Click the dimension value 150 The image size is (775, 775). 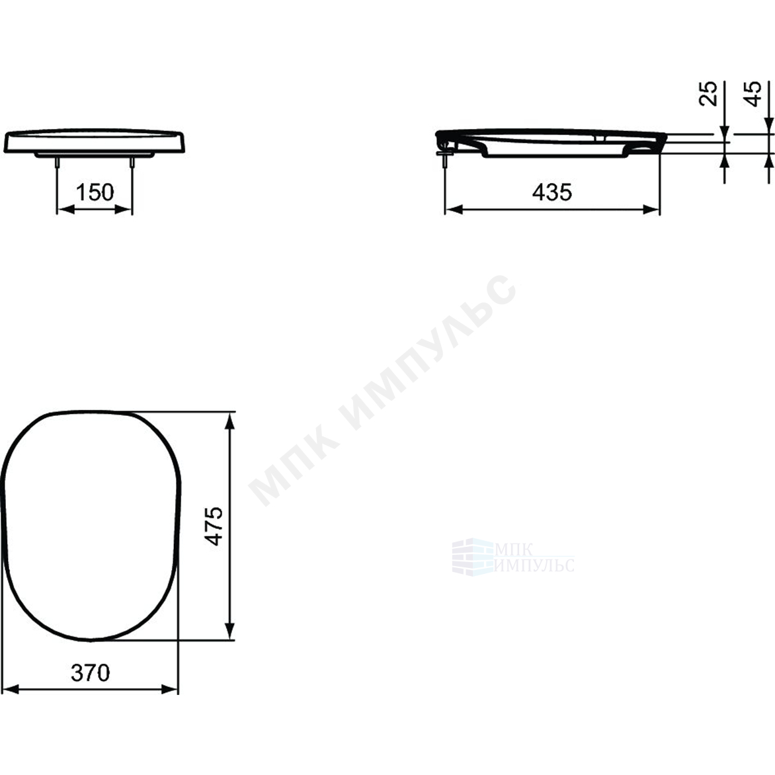coord(95,192)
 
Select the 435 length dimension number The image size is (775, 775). coord(552,192)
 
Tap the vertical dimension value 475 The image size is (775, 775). coord(214,526)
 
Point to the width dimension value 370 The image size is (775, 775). coord(91,673)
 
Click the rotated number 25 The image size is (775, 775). coord(708,93)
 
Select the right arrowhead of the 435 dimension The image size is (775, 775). coord(651,210)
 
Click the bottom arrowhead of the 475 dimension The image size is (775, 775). coord(229,631)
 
